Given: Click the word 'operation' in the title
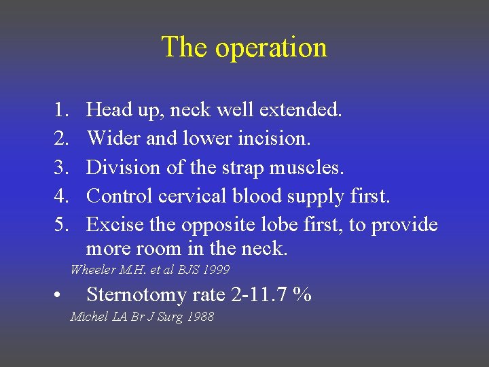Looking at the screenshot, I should click(x=271, y=48).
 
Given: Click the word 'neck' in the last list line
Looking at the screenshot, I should click(x=263, y=249).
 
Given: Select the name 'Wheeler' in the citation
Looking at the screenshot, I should click(x=93, y=270).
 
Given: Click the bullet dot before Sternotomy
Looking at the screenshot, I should click(x=61, y=296).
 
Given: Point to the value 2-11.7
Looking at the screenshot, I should click(x=255, y=295).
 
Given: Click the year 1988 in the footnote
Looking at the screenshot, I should click(x=200, y=317).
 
